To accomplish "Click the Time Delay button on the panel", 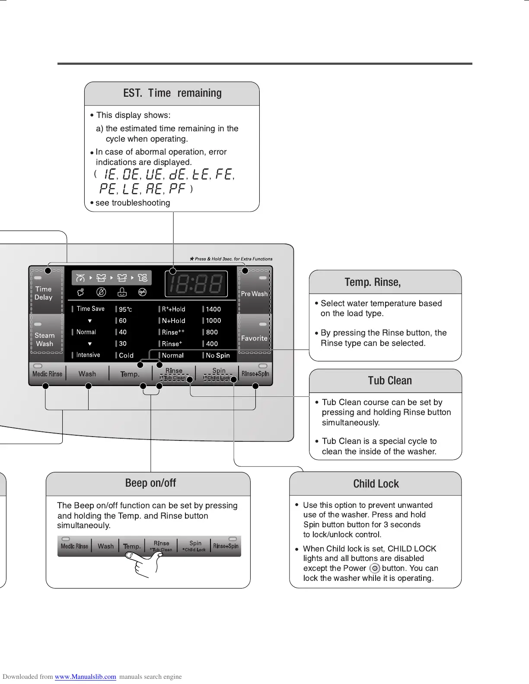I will click(x=44, y=293).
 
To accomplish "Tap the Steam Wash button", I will click(x=45, y=339).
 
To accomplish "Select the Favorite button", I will click(x=254, y=338).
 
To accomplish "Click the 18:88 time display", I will click(x=196, y=284).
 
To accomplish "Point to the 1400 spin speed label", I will click(x=213, y=309).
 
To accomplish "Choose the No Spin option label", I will click(x=217, y=355).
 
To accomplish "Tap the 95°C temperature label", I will click(x=125, y=310).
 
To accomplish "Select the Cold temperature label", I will click(x=126, y=355).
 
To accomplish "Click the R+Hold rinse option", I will click(x=173, y=309).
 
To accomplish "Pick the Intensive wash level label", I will click(x=88, y=355).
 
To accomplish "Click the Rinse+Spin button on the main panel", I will click(x=255, y=374).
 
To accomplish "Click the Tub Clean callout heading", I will click(x=390, y=380).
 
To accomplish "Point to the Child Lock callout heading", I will click(x=376, y=484).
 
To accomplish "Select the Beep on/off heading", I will click(x=150, y=483).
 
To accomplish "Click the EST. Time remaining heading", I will click(x=172, y=93).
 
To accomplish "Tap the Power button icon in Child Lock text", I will click(x=375, y=568).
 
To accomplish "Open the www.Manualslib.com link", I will click(x=85, y=677).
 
